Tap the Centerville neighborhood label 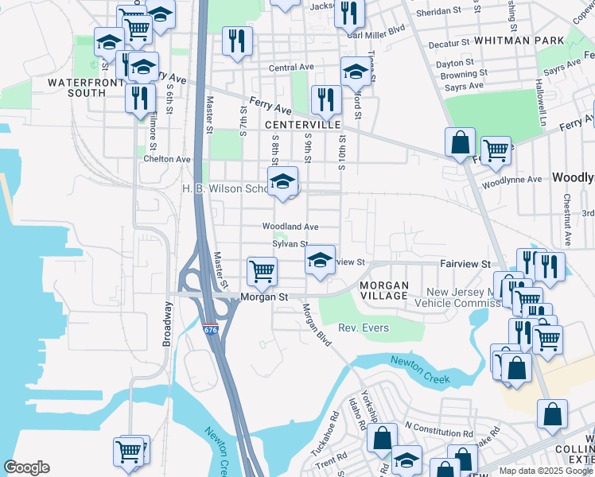(x=302, y=125)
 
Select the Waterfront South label (x=76, y=87)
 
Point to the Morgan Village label (x=383, y=290)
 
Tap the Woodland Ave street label (x=291, y=227)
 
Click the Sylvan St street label (x=290, y=244)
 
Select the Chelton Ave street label (x=167, y=159)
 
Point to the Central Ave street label (x=291, y=68)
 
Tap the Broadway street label (x=168, y=323)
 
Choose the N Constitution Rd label (x=437, y=432)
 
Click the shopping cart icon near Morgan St (x=262, y=272)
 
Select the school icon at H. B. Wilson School (x=282, y=182)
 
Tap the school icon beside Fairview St (x=320, y=260)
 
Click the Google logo (x=26, y=467)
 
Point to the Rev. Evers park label (x=364, y=328)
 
